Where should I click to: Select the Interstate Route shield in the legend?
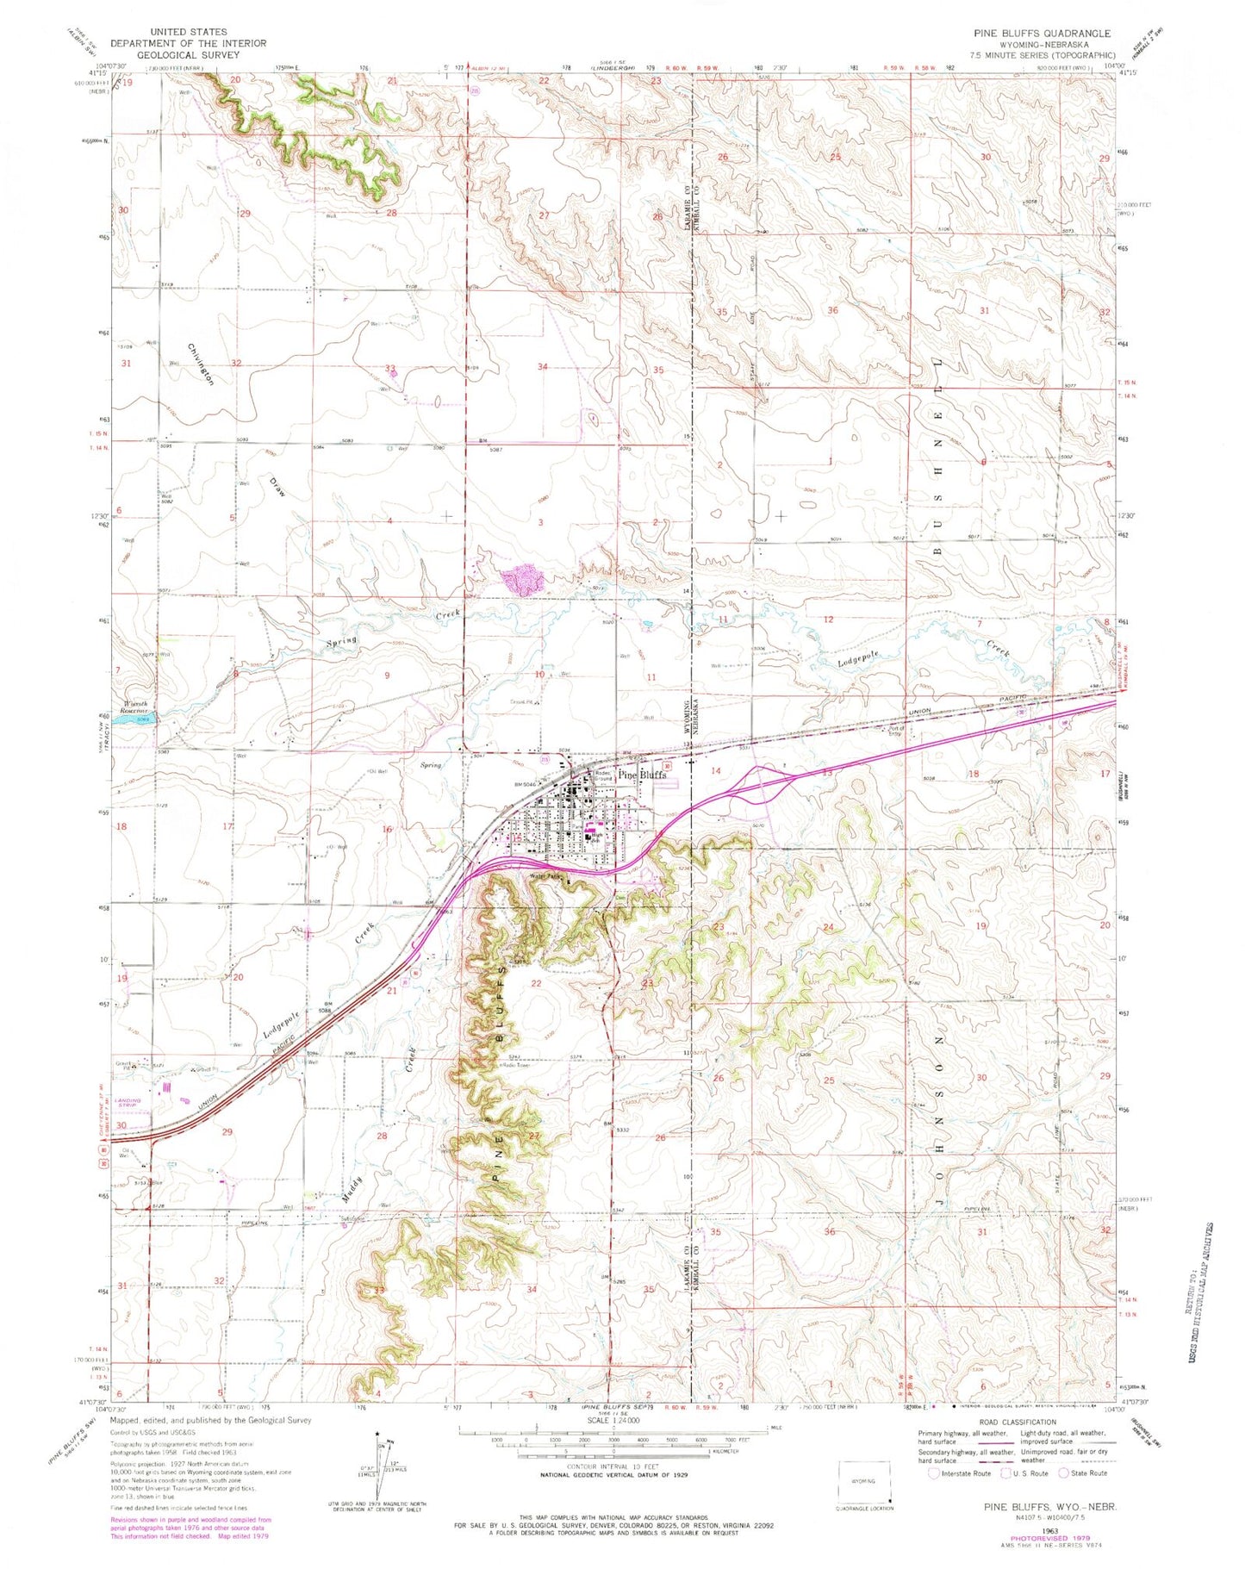click(934, 1472)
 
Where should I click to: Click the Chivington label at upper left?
click(200, 364)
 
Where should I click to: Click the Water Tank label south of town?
click(545, 877)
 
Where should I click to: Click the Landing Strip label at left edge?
click(128, 1085)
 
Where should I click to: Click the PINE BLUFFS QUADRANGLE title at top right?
click(1041, 33)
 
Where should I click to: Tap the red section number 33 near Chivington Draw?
click(390, 369)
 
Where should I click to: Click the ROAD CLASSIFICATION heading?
click(1017, 1423)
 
